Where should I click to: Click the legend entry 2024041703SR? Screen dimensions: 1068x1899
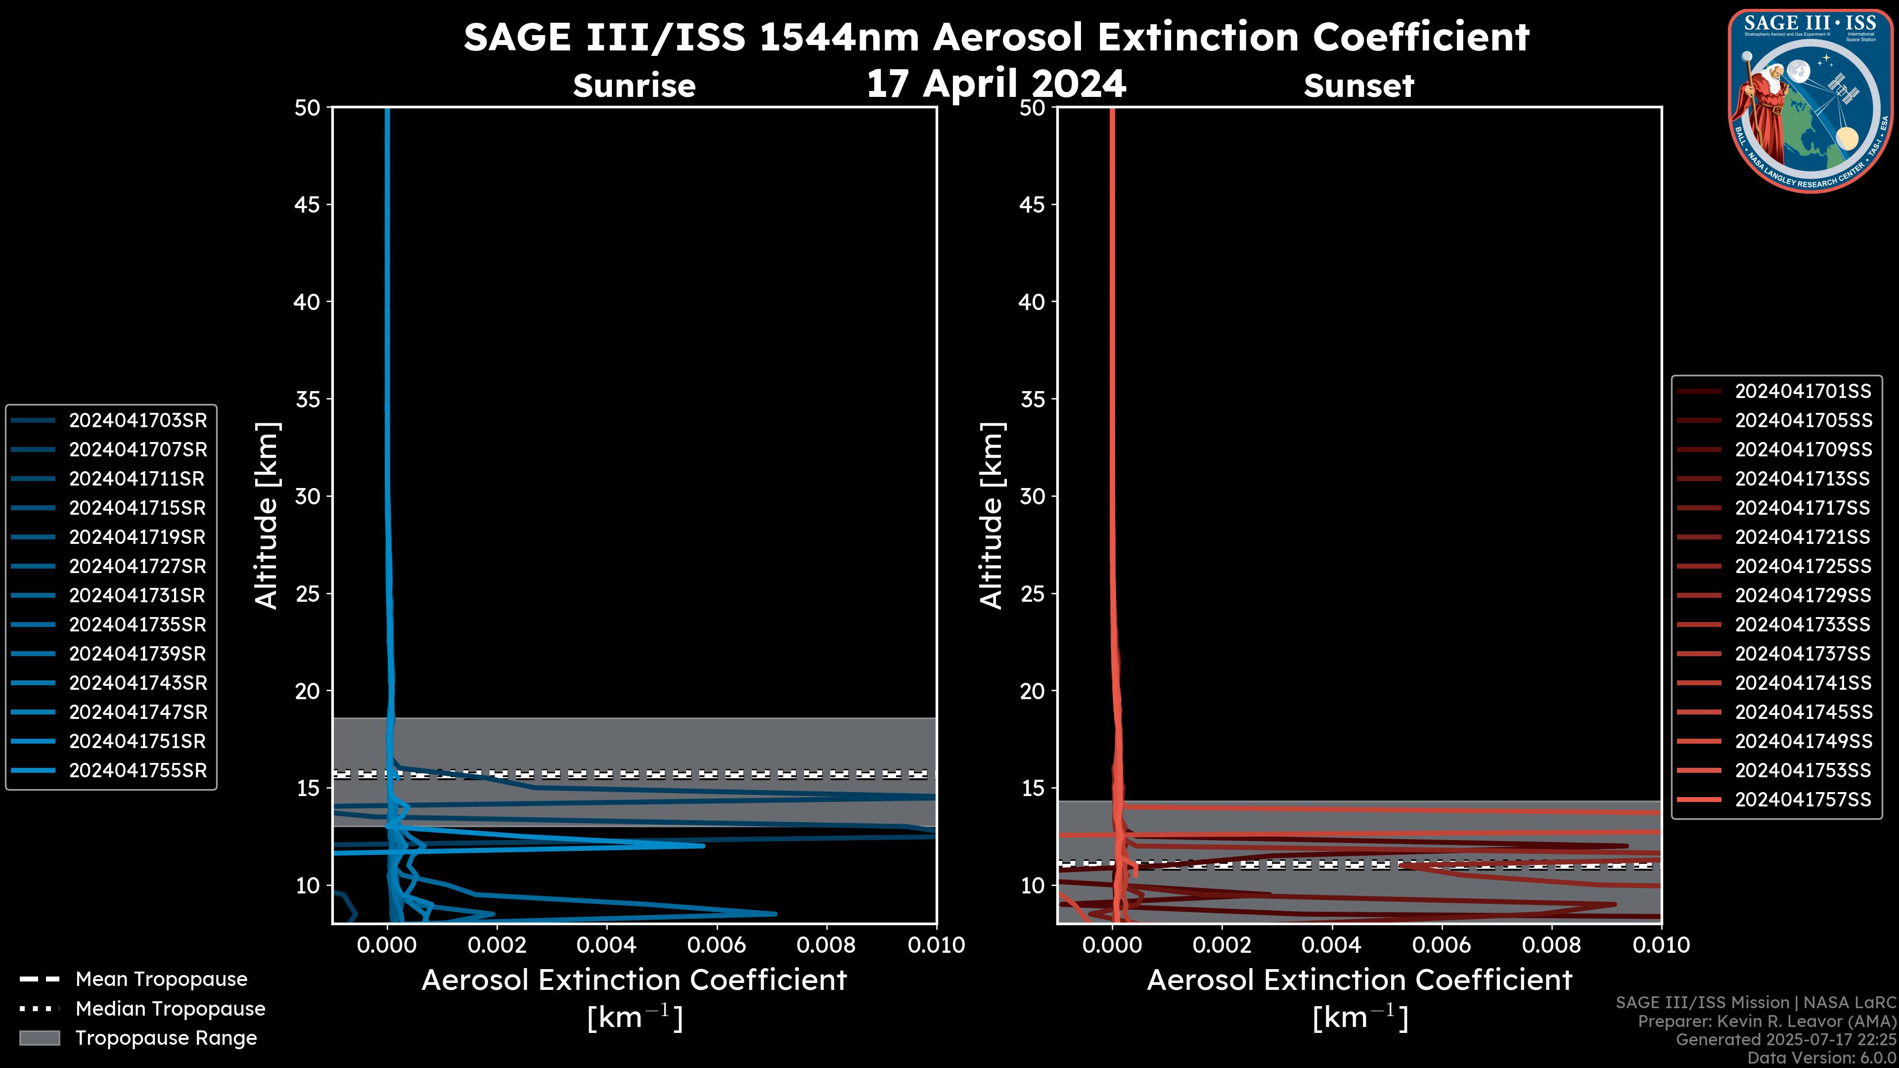pos(138,421)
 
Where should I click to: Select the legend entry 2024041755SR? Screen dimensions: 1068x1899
pos(138,771)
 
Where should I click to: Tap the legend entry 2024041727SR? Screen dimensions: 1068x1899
pos(138,567)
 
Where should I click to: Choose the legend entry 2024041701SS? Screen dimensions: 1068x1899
pos(1803,392)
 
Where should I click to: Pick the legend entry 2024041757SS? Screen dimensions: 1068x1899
pos(1803,800)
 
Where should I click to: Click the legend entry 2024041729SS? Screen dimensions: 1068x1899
pos(1803,595)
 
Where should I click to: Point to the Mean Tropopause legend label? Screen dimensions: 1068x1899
pos(161,979)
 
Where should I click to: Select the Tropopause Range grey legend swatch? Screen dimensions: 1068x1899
pos(39,1038)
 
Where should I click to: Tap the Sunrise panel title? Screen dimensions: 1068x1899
pos(634,86)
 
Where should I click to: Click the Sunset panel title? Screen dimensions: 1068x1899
pos(1358,86)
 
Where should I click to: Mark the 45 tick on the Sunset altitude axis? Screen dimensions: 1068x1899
pos(1032,205)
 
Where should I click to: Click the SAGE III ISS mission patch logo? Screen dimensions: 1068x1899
pos(1812,100)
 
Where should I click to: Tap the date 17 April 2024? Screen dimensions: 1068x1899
pos(996,83)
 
